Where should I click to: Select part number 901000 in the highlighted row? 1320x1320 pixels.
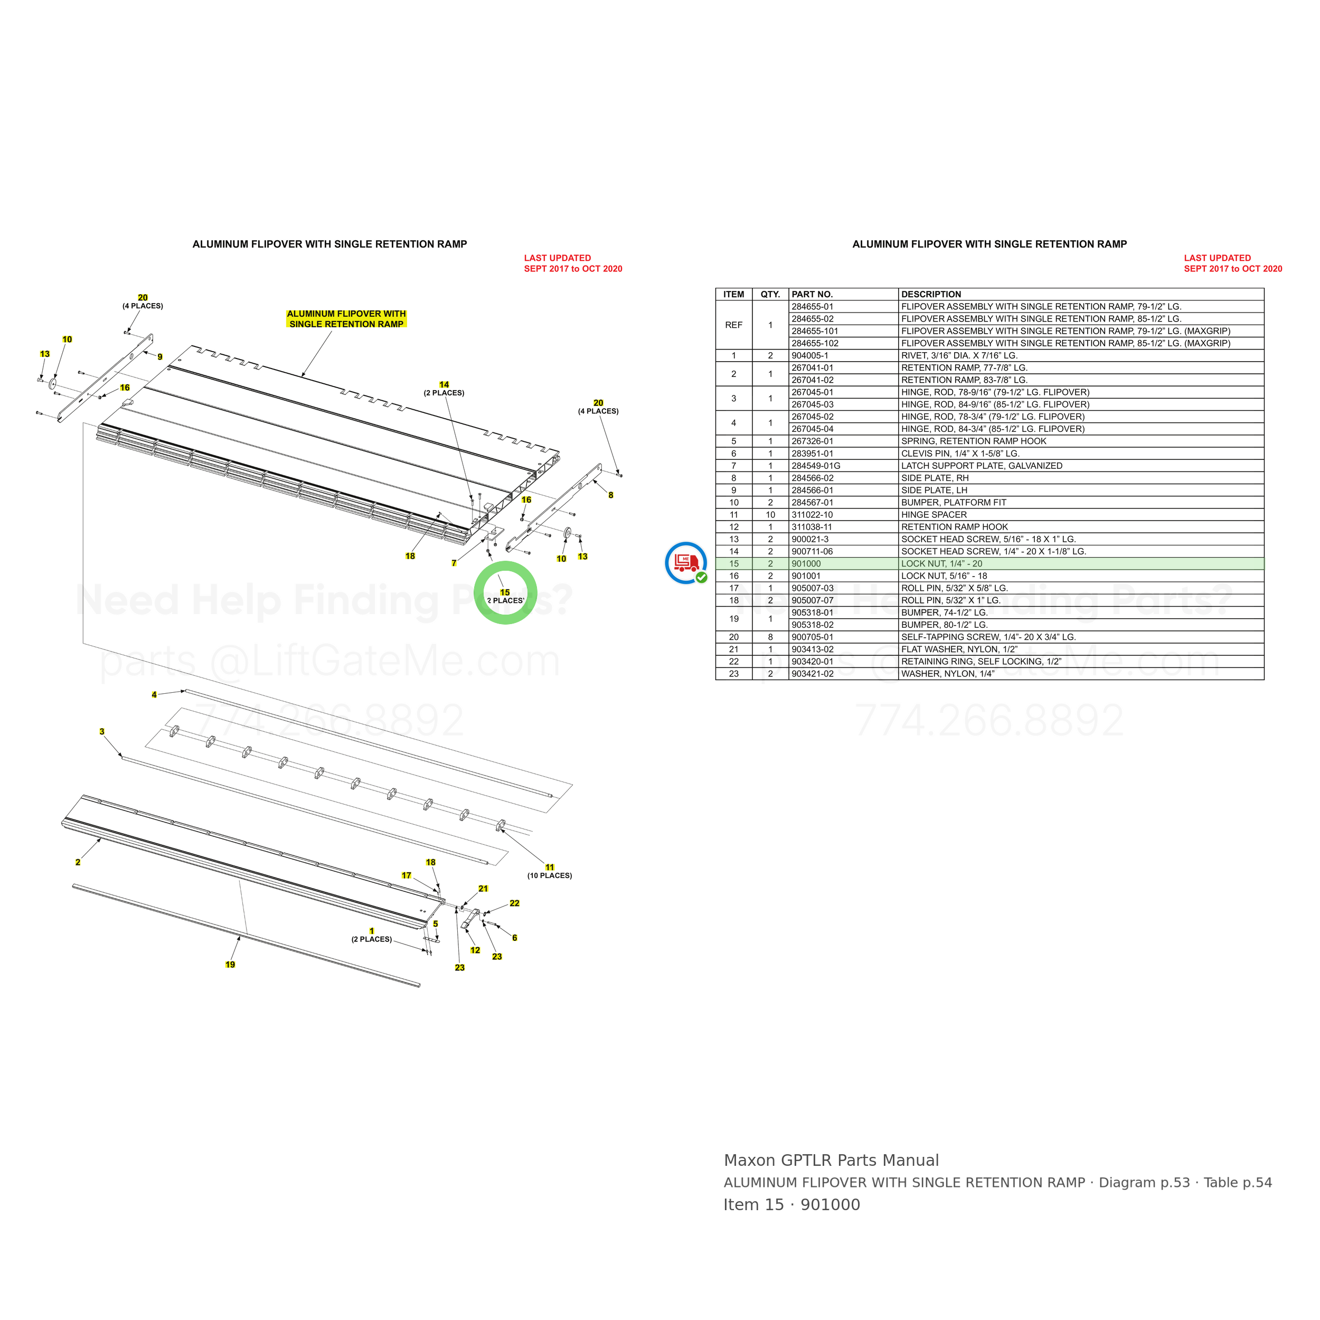(806, 564)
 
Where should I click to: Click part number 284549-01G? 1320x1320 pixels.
(816, 466)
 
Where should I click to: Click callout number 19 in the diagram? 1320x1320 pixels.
(230, 965)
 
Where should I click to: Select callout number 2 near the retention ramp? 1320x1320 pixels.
(78, 862)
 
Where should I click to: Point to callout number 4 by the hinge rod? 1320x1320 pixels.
(154, 695)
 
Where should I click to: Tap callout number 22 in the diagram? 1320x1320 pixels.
(514, 903)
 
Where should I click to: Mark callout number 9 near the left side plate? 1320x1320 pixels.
(160, 356)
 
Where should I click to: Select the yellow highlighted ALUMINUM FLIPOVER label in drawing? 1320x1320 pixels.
(346, 319)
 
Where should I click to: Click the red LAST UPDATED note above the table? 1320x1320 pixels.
(1232, 263)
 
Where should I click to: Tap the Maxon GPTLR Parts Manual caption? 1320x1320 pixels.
(831, 1160)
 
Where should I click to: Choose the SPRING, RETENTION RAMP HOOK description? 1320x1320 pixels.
(974, 441)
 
